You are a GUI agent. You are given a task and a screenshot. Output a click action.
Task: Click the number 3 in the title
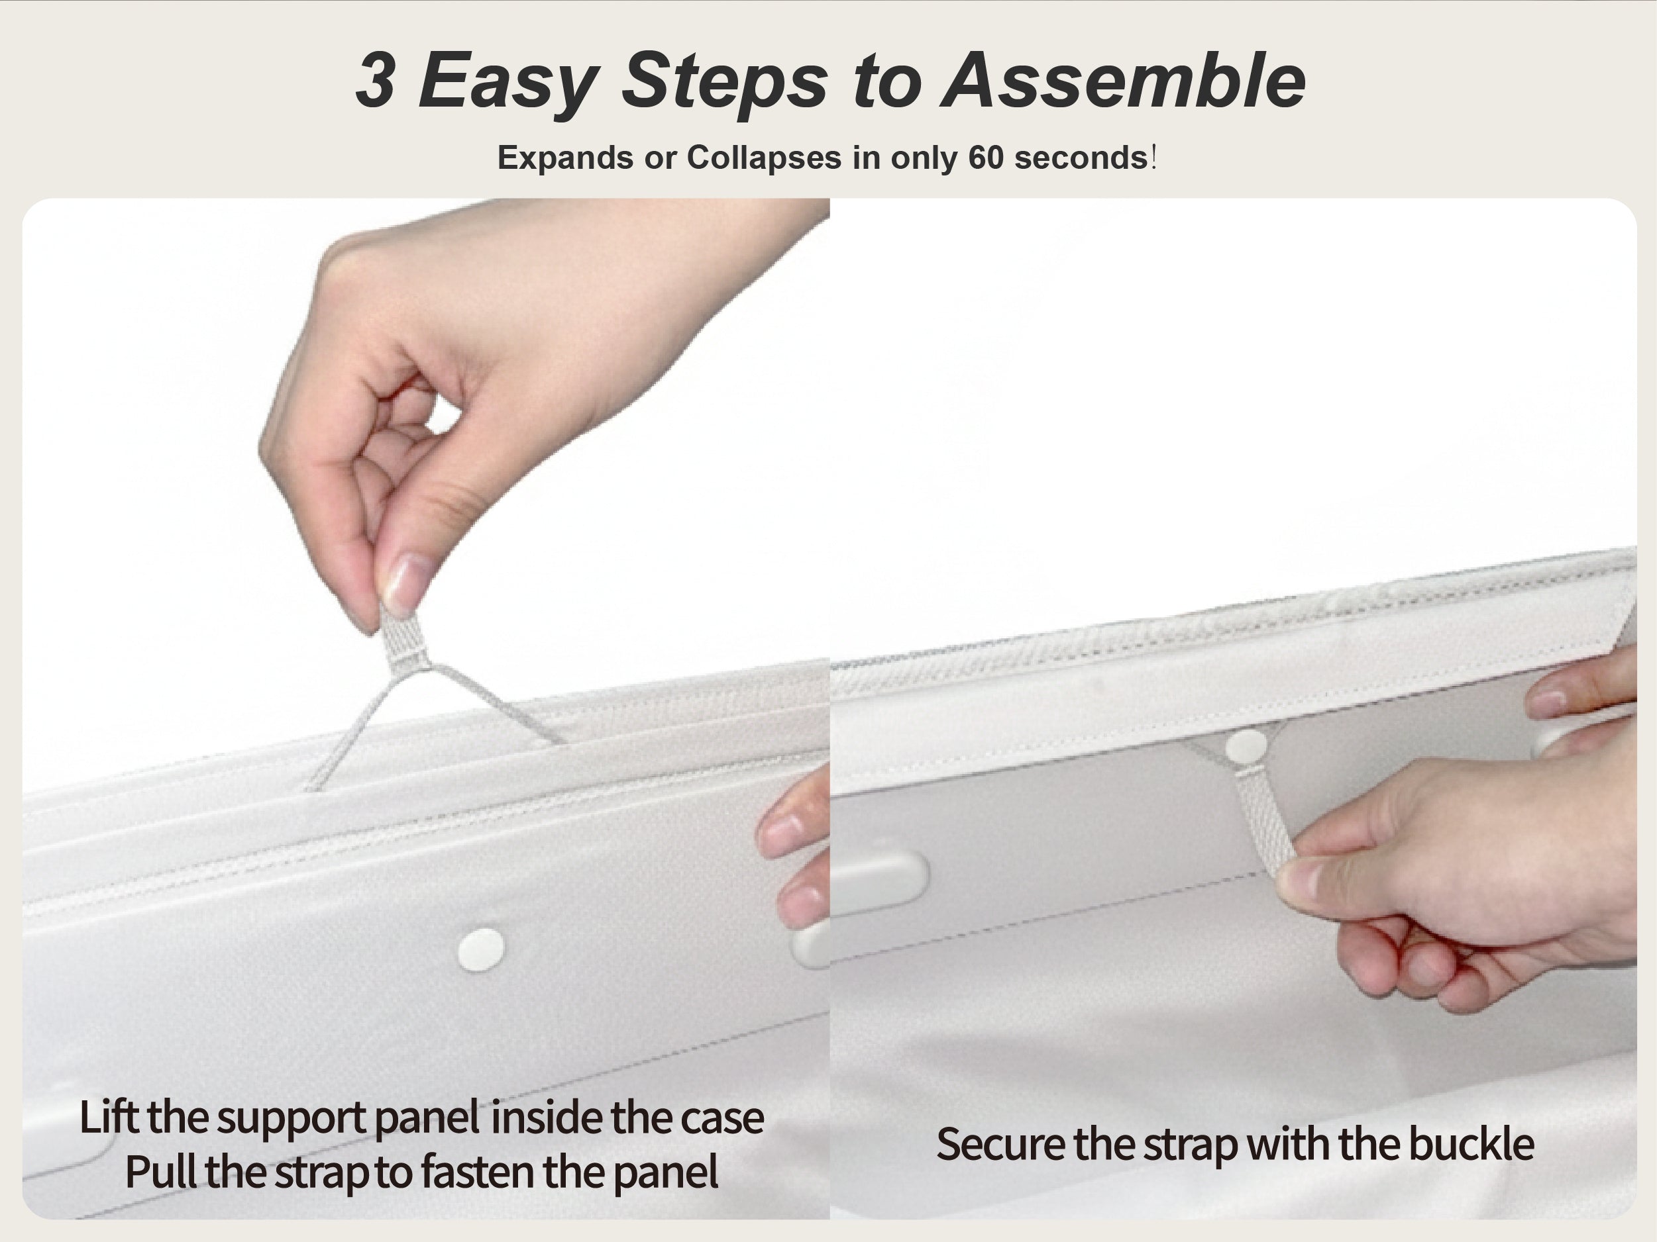pos(375,79)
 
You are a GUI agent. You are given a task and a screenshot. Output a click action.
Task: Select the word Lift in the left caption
pos(109,1117)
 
